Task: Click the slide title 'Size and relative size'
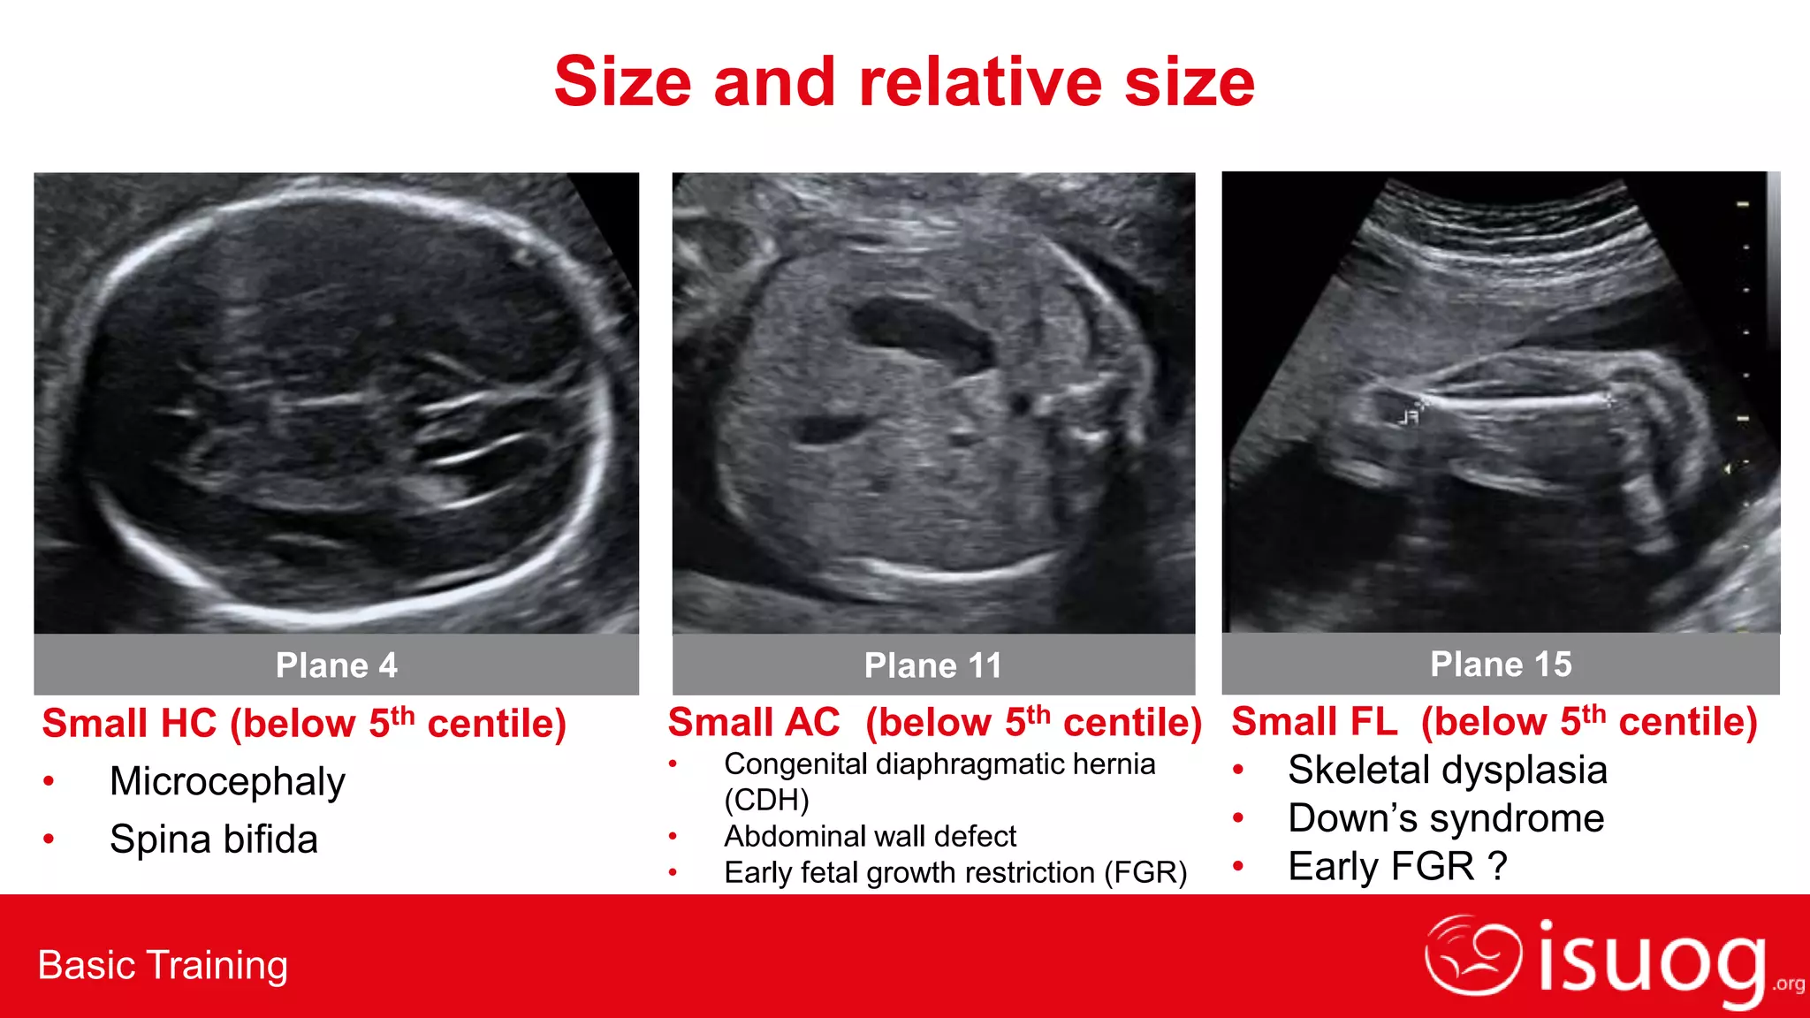(x=904, y=81)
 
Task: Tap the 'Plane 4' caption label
(x=336, y=665)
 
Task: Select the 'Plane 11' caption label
(x=933, y=665)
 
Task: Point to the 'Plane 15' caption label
(x=1501, y=664)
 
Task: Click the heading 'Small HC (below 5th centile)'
(x=304, y=724)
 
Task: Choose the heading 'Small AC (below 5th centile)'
(x=934, y=722)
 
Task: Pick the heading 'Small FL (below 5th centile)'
(x=1494, y=721)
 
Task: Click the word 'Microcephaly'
(x=227, y=781)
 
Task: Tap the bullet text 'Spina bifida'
(x=214, y=839)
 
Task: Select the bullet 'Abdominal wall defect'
(x=870, y=836)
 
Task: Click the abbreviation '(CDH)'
(x=766, y=800)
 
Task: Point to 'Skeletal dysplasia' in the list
(x=1447, y=770)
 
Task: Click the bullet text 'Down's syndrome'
(x=1446, y=818)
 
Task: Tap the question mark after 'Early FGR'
(x=1497, y=866)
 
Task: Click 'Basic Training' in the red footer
(x=163, y=965)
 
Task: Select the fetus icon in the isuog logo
(x=1472, y=954)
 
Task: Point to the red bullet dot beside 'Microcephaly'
(x=49, y=781)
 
